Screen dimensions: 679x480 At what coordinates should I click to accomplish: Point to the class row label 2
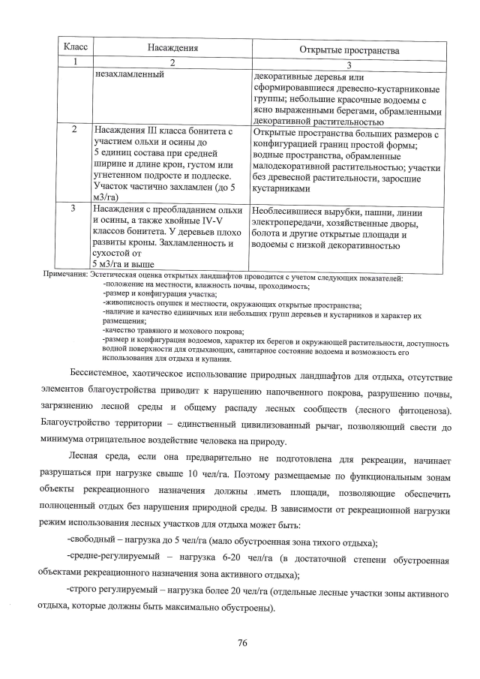pos(75,130)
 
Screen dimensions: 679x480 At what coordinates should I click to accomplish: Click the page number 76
pos(242,642)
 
